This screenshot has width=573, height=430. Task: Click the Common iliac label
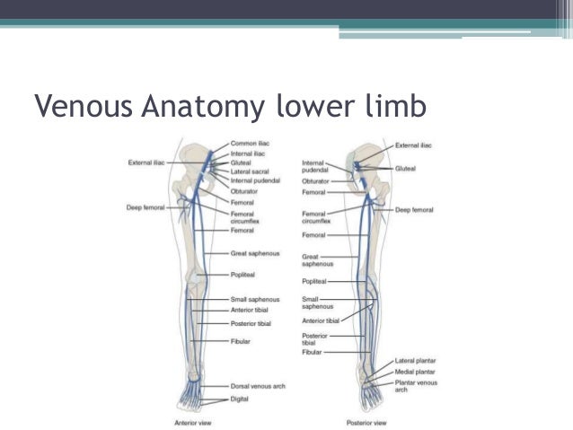[250, 144]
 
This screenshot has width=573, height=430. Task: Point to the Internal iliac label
[249, 154]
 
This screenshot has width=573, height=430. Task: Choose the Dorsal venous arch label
[258, 386]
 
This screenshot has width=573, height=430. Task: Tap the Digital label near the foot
[241, 399]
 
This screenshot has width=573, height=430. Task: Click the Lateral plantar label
[415, 361]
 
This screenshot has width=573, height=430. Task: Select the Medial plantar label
[415, 371]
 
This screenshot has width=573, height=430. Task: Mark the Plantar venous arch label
[416, 386]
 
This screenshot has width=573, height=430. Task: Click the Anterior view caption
[193, 421]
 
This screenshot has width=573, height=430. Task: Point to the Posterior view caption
[366, 421]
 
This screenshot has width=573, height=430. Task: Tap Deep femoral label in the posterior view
[414, 210]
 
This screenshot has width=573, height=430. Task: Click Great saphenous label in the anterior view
[256, 254]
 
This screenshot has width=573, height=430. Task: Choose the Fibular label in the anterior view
[240, 341]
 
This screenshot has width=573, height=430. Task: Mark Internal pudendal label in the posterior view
[313, 166]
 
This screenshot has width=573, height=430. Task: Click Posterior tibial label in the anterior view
[251, 323]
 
